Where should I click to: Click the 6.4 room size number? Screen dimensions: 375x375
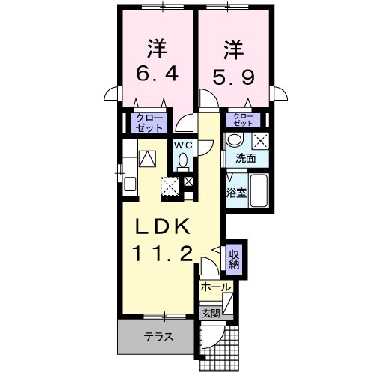pos(156,76)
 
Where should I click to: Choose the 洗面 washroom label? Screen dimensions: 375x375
pos(246,159)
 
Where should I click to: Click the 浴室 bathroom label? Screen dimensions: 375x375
pos(236,192)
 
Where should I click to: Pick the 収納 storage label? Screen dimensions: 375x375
pos(234,259)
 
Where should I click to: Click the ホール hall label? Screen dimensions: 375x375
pos(216,286)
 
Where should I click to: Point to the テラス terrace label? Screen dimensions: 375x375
pos(158,337)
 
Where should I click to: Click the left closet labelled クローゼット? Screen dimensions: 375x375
pos(148,122)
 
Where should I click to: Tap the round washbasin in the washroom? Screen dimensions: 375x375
pos(235,140)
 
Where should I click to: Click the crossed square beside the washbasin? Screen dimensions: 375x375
pos(260,140)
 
